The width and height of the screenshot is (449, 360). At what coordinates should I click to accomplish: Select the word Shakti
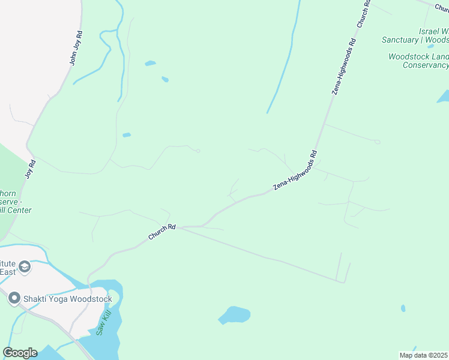(35, 298)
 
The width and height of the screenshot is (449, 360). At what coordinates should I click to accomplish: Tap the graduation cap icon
(25, 266)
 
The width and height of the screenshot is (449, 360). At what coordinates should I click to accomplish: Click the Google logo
(20, 353)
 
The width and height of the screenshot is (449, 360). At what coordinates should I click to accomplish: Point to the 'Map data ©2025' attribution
(424, 355)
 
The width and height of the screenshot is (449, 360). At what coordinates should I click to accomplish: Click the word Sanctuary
(400, 40)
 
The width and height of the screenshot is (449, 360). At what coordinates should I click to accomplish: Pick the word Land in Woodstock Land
(439, 56)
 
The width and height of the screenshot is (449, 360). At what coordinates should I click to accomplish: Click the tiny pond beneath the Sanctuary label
(430, 46)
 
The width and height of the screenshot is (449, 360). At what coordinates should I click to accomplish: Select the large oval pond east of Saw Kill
(234, 314)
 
